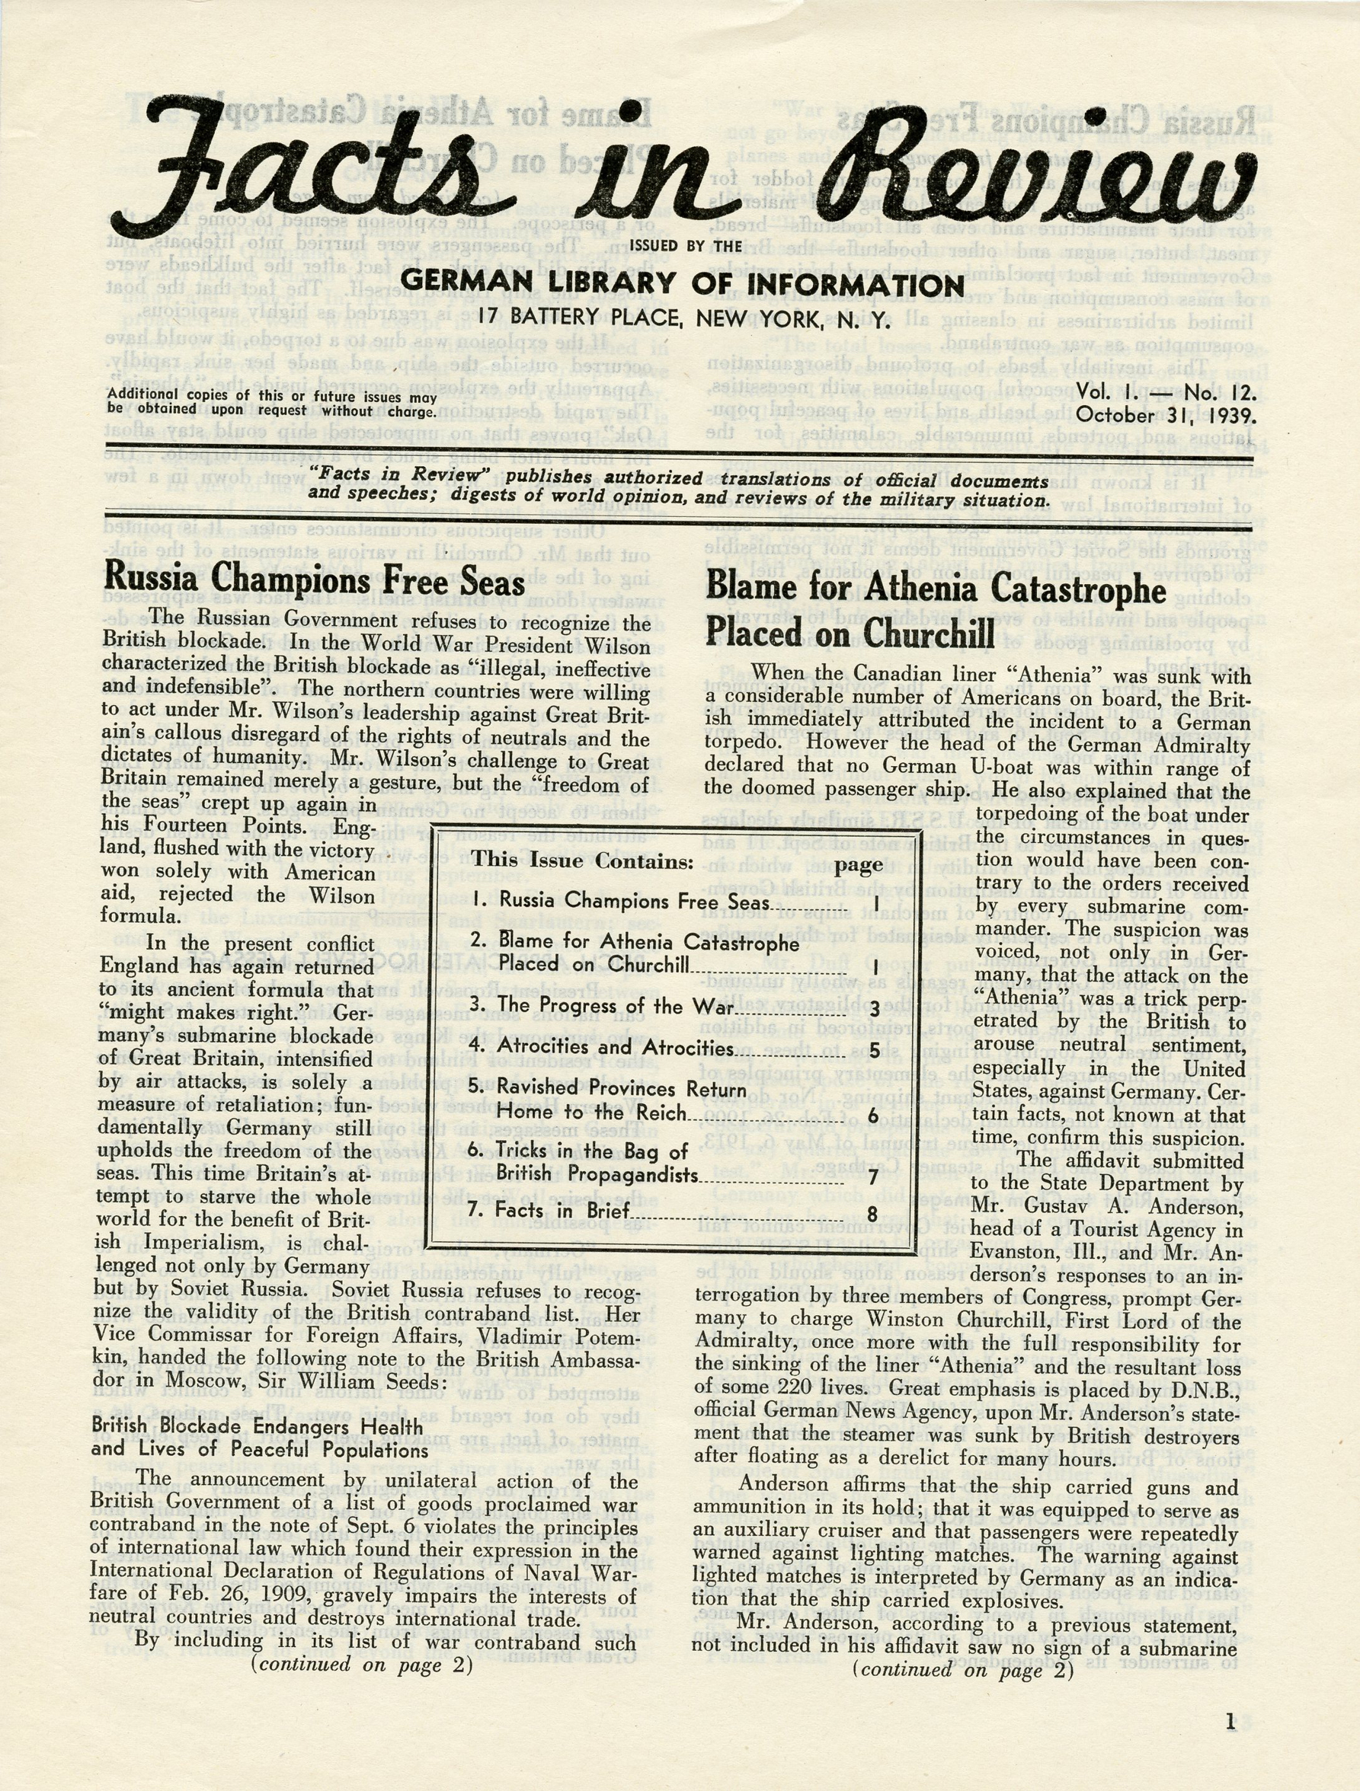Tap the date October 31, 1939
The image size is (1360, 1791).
pyautogui.click(x=1166, y=417)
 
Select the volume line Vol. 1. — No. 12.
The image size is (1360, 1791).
pyautogui.click(x=1166, y=394)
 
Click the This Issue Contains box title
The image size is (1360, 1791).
pyautogui.click(x=583, y=860)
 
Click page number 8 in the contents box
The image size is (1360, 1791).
pyautogui.click(x=872, y=1214)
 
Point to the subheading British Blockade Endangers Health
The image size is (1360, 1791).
pyautogui.click(x=257, y=1425)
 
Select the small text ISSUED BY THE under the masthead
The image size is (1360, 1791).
pyautogui.click(x=685, y=246)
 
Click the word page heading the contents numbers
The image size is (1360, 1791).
pyautogui.click(x=859, y=865)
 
